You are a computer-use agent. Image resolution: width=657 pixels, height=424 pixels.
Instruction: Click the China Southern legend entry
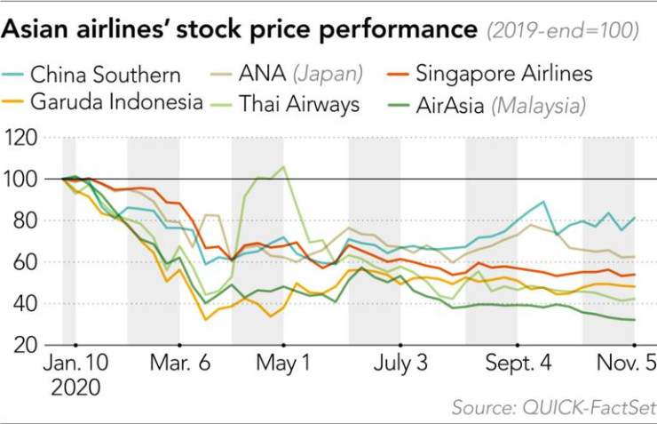[x=105, y=74]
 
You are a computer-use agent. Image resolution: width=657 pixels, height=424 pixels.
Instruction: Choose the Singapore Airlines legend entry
[x=503, y=73]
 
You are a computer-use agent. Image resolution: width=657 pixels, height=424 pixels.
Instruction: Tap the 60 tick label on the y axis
[x=27, y=262]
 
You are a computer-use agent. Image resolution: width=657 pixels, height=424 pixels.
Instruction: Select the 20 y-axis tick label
[x=27, y=345]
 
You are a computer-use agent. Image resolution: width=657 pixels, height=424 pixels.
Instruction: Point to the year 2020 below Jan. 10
[x=76, y=388]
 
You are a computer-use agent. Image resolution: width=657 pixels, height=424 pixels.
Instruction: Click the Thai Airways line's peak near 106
[x=283, y=167]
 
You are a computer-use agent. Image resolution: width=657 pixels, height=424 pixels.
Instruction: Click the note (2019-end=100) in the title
[x=562, y=30]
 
